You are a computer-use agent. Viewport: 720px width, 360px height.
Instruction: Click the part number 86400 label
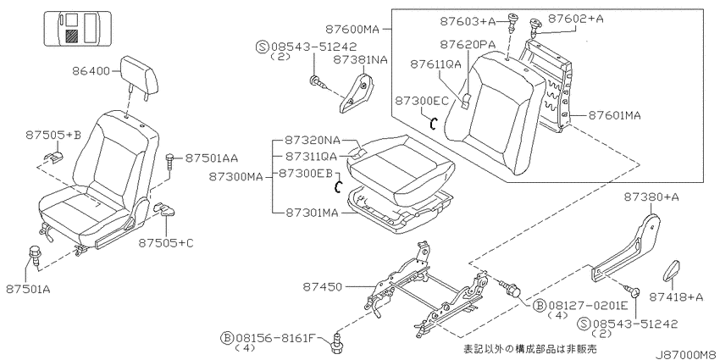[91, 71]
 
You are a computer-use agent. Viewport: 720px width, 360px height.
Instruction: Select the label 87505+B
[53, 135]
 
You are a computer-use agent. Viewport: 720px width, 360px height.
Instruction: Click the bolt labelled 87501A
[36, 256]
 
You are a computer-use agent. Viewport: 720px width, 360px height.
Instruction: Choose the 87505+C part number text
[166, 242]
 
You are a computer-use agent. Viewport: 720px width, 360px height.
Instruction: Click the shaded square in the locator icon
[71, 36]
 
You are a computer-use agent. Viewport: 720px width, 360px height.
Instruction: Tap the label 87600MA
[352, 30]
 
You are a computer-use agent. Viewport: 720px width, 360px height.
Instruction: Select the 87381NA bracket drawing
[357, 92]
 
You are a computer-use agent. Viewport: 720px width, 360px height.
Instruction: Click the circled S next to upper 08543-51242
[263, 47]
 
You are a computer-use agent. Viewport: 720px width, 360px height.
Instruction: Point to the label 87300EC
[422, 101]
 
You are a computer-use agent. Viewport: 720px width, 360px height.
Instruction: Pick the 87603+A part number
[468, 20]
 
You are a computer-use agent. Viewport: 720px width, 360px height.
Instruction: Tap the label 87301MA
[313, 213]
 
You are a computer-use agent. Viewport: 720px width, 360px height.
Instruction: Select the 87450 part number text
[323, 287]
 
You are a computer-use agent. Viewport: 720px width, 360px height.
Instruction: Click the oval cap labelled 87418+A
[672, 270]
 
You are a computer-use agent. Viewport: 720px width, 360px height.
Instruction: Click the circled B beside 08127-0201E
[539, 305]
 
